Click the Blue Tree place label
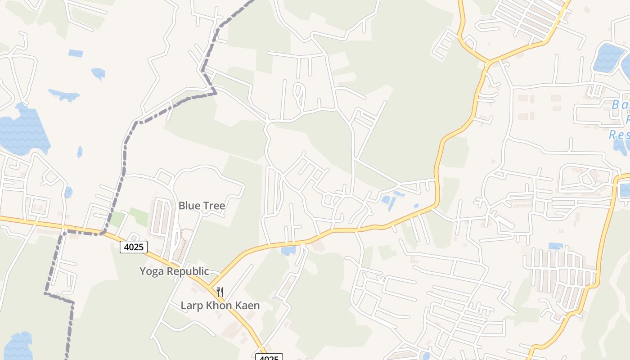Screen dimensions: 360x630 [x=202, y=206]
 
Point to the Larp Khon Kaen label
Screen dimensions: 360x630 [x=220, y=306]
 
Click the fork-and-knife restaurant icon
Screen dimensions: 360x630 [x=220, y=292]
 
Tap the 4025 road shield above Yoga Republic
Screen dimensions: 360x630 [x=134, y=247]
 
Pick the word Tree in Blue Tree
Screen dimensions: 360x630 [x=214, y=206]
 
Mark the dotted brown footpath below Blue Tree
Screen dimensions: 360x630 [x=182, y=245]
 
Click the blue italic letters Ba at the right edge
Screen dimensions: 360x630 [x=620, y=104]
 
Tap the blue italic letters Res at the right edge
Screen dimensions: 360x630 [x=619, y=135]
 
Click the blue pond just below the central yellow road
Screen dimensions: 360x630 [x=288, y=251]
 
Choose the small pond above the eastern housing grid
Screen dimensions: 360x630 [x=555, y=246]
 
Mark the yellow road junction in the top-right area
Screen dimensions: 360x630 [x=489, y=62]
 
